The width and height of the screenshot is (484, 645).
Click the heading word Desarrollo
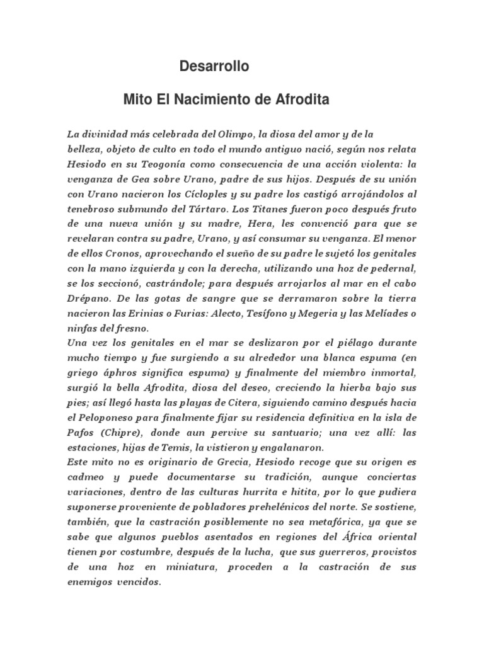click(214, 66)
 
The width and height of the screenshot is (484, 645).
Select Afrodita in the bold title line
click(302, 100)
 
